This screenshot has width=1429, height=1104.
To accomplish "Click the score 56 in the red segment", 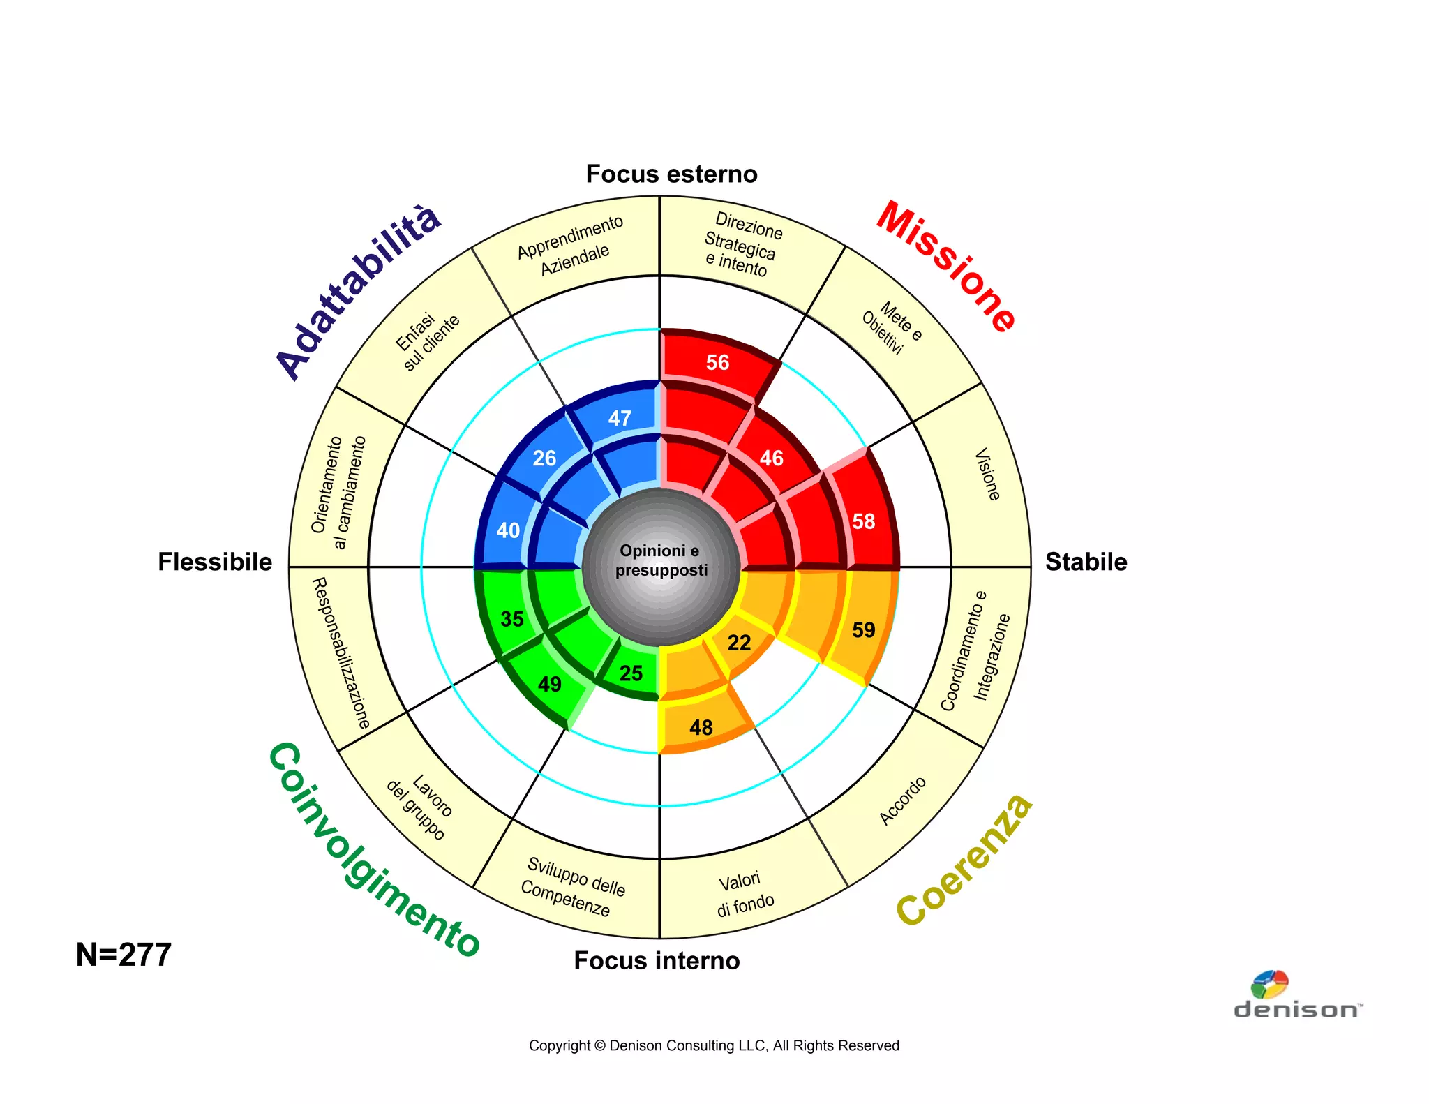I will pos(717,362).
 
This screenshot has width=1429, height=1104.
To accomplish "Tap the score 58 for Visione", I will pos(863,521).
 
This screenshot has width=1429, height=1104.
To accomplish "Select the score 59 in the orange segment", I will pos(863,630).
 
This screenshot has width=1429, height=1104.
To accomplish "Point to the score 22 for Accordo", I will pos(739,643).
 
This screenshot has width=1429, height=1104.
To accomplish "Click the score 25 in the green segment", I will pos(631,673).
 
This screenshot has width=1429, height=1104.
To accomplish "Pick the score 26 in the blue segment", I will pos(544,458).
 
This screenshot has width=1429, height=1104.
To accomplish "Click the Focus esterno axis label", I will pos(671,174).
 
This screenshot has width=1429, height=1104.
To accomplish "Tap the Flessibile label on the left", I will pos(215,562).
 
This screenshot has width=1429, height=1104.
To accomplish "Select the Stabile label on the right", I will pos(1086,562).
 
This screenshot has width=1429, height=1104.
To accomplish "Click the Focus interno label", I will pos(657,960).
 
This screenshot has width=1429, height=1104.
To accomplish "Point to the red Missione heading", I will pos(946,266).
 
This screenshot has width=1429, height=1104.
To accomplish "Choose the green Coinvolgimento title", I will pos(373,851).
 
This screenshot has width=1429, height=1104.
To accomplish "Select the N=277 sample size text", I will pos(124,955).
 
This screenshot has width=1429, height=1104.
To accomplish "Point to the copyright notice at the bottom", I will pos(714,1045).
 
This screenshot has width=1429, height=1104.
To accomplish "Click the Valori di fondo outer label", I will pos(745,894).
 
